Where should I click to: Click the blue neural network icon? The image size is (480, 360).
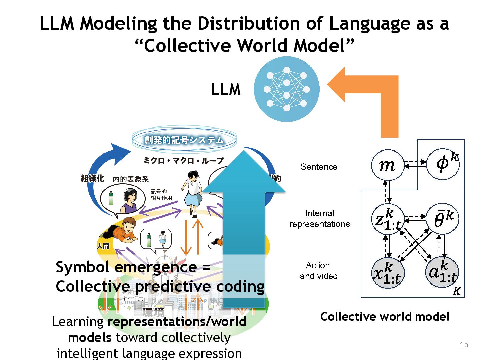[287, 89]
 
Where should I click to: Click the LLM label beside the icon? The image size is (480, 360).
[226, 90]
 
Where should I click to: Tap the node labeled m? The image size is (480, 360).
[387, 165]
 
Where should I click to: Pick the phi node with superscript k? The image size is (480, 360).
[443, 164]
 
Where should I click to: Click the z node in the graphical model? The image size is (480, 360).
[387, 219]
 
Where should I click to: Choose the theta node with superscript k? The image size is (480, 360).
[443, 219]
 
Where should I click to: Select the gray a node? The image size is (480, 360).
[442, 273]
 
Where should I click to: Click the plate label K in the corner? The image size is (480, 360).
[456, 291]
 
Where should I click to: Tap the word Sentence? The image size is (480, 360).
[319, 167]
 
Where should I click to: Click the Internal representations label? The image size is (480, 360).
[319, 219]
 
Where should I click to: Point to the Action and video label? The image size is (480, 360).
[318, 271]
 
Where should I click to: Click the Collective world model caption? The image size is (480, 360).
[385, 317]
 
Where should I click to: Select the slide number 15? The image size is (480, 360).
[464, 345]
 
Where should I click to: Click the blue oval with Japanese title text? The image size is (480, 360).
[184, 140]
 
